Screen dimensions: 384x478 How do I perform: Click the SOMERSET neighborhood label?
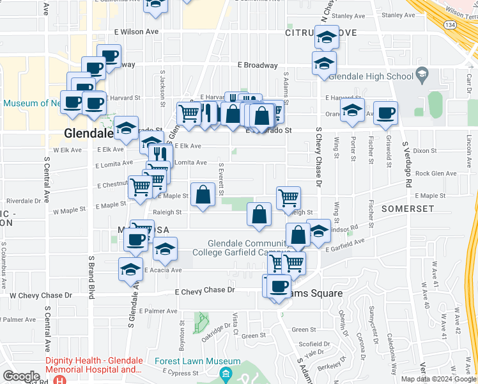pos(407,209)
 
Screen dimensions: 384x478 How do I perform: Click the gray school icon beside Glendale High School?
pos(422,77)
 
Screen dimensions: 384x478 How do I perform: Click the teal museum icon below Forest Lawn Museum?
pos(224,374)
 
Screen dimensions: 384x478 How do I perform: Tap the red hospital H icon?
pos(59,379)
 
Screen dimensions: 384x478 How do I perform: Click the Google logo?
pos(22,376)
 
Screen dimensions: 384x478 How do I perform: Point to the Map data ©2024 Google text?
pos(438,379)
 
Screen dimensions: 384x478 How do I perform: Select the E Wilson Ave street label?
pos(136,31)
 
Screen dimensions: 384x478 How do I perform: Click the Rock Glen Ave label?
pos(436,173)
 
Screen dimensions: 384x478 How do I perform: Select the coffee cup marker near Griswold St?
pos(385,113)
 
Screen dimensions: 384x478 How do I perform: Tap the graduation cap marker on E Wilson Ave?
pos(327,37)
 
